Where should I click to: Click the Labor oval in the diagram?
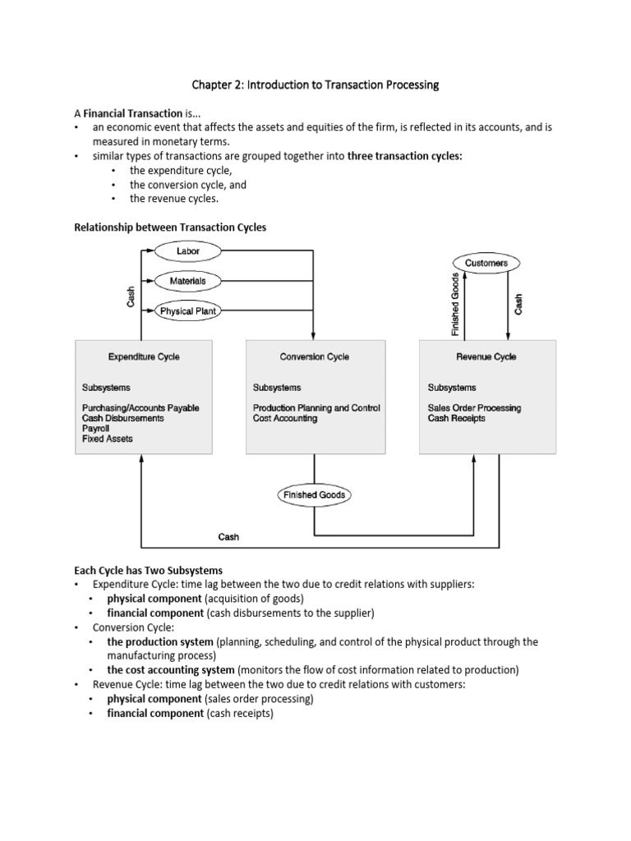pyautogui.click(x=187, y=250)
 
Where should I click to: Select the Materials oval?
pyautogui.click(x=187, y=281)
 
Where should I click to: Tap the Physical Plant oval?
pyautogui.click(x=188, y=311)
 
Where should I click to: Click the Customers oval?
pyautogui.click(x=486, y=263)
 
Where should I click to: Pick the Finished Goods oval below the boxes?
pyautogui.click(x=315, y=495)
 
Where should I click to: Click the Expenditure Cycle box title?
pyautogui.click(x=144, y=356)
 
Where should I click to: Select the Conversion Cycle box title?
pyautogui.click(x=315, y=356)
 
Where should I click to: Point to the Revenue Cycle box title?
pyautogui.click(x=486, y=356)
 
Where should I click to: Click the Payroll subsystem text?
pyautogui.click(x=95, y=429)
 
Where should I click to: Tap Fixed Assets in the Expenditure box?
pyautogui.click(x=107, y=439)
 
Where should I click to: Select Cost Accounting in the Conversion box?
pyautogui.click(x=285, y=418)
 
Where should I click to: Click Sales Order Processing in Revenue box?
pyautogui.click(x=474, y=408)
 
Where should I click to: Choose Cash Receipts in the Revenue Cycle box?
pyautogui.click(x=456, y=418)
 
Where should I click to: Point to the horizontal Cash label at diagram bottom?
pyautogui.click(x=228, y=537)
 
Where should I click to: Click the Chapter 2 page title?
pyautogui.click(x=315, y=85)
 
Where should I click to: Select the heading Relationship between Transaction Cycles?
pyautogui.click(x=170, y=227)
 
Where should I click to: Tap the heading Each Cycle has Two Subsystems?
pyautogui.click(x=149, y=570)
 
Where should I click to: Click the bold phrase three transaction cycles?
pyautogui.click(x=405, y=156)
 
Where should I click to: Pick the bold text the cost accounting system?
pyautogui.click(x=170, y=670)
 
